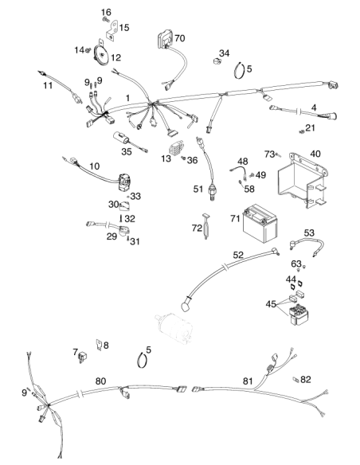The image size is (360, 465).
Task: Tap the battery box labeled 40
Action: point(302,180)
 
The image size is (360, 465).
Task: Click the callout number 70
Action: point(179,38)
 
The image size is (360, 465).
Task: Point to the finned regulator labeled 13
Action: point(176,150)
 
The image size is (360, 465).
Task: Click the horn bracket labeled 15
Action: point(112,31)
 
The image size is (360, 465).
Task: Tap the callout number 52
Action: point(238,255)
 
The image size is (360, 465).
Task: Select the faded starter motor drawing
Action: point(174,328)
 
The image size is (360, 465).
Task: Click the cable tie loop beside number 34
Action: point(240,71)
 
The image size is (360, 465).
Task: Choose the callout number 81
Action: point(248,381)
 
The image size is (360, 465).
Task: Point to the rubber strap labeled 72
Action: point(205,226)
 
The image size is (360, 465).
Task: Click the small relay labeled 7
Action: point(82,357)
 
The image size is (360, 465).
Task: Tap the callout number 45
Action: point(271,304)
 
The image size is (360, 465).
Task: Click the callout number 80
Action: point(100,381)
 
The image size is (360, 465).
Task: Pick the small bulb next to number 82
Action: point(295,379)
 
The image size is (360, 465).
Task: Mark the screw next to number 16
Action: point(105,20)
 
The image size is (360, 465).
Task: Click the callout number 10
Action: point(94,166)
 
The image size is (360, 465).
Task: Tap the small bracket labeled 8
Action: point(99,345)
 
